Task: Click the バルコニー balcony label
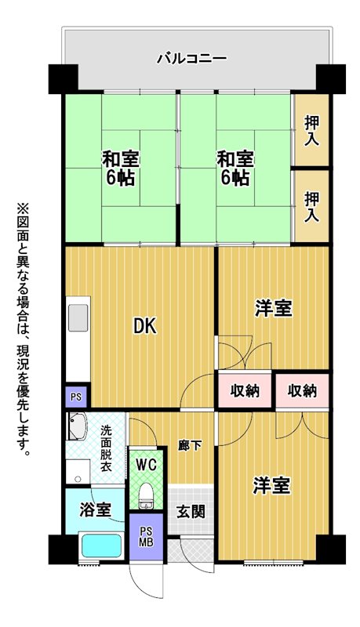click(191, 58)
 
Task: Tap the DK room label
click(146, 326)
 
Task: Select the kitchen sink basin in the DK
click(78, 317)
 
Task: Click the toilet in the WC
click(146, 496)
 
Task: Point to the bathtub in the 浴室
click(102, 545)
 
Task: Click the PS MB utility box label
click(147, 537)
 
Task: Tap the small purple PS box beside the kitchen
click(76, 397)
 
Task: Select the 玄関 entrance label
click(191, 511)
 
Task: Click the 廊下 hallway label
click(190, 445)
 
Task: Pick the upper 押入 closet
click(311, 129)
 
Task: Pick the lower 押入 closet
click(311, 206)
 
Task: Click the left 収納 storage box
click(245, 390)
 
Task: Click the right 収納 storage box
click(303, 390)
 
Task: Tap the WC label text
click(146, 465)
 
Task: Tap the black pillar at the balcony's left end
click(64, 79)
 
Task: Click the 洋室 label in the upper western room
click(274, 308)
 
